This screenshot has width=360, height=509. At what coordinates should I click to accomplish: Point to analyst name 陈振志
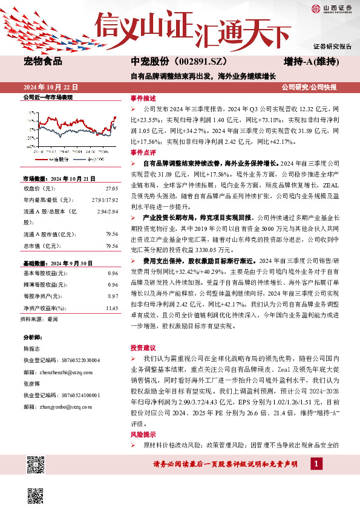tap(33, 349)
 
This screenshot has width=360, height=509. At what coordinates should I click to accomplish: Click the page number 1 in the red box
tap(316, 481)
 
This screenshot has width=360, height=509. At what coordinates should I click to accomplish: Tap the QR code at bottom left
tap(36, 467)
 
